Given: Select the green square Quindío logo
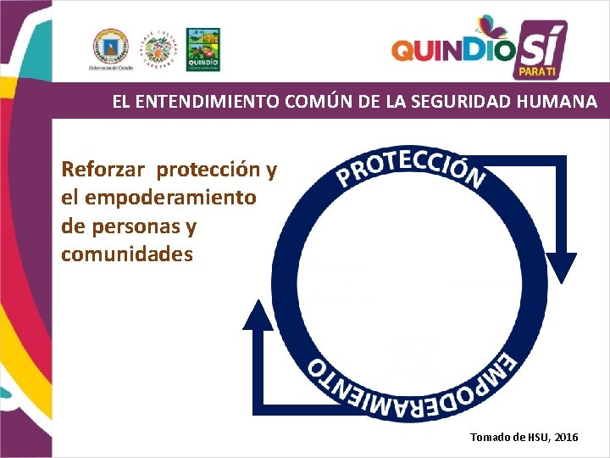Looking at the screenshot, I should pos(202,47).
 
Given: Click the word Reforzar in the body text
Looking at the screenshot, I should pos(105,170).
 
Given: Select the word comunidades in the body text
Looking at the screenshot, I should pos(127,254).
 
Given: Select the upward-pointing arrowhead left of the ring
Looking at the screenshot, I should pos(259,315).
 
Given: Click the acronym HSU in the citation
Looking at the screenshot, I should pos(528,437).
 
